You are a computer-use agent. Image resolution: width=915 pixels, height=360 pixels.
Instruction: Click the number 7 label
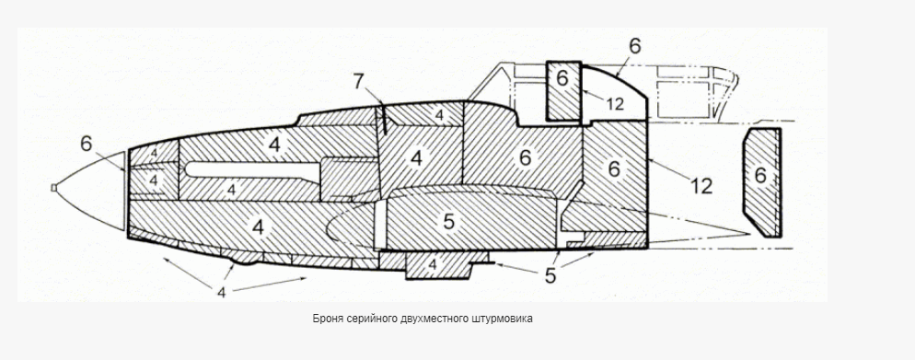(359, 82)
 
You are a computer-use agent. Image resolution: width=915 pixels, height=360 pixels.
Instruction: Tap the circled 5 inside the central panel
(448, 221)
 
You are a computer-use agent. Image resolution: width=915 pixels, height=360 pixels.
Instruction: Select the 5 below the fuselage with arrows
(550, 275)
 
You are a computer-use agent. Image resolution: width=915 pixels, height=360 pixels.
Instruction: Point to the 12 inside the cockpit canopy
(614, 104)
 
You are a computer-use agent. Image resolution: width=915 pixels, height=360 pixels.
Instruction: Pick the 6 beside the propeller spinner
(87, 144)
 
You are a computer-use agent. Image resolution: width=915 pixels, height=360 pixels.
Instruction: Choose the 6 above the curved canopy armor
(634, 46)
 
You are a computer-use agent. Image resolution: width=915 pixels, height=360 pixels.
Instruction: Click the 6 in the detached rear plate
(760, 175)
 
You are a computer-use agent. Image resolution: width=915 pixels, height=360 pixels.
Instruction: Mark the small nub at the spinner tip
(53, 188)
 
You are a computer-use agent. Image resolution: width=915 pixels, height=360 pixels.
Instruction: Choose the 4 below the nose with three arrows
(221, 292)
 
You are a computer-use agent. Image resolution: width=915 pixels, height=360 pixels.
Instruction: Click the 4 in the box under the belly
(433, 265)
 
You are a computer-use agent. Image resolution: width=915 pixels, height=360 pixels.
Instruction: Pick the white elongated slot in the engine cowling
(252, 169)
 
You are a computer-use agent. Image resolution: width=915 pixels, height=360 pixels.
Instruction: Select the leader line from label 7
(376, 108)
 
